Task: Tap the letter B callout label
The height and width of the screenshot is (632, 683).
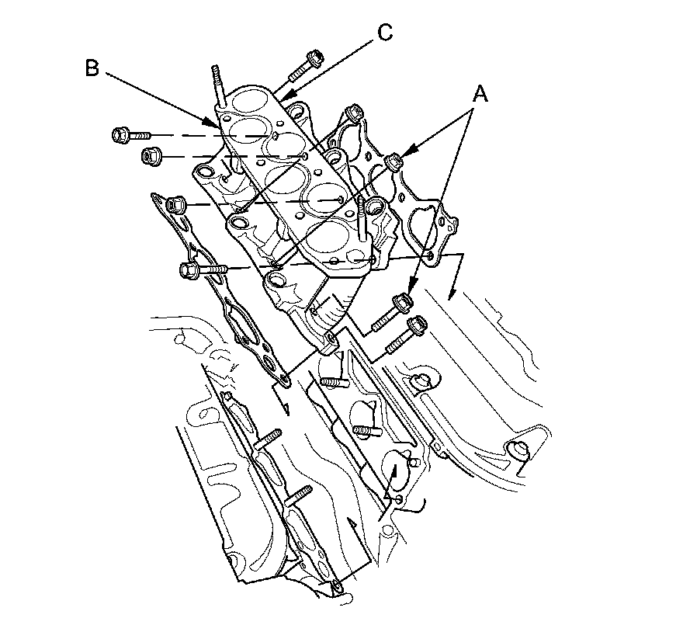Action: click(92, 69)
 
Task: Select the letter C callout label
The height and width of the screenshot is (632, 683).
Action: click(384, 32)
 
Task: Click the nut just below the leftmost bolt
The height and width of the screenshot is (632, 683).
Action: click(149, 155)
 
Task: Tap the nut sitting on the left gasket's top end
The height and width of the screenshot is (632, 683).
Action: click(175, 204)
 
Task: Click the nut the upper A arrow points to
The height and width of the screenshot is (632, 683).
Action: click(394, 161)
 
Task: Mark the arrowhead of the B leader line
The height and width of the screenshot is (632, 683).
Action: click(210, 124)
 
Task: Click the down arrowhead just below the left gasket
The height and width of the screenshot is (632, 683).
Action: click(285, 409)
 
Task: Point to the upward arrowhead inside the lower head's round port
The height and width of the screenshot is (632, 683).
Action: click(394, 469)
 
